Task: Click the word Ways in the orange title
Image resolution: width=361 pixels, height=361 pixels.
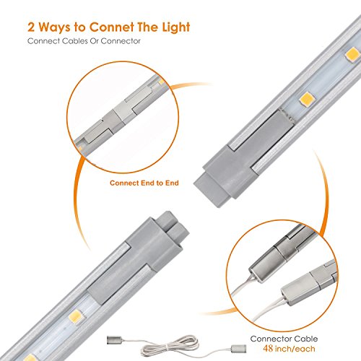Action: [x=55, y=27]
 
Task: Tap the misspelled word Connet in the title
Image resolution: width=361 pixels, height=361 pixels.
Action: [x=111, y=27]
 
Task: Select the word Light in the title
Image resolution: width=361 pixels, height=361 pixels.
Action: [x=176, y=27]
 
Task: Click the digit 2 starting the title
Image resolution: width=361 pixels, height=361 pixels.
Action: [x=31, y=27]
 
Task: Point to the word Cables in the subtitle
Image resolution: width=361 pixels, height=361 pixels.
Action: [x=74, y=41]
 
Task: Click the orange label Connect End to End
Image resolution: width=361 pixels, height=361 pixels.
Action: [x=144, y=183]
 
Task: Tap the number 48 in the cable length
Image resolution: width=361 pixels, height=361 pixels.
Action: [x=268, y=348]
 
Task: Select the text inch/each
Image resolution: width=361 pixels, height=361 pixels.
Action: [x=295, y=349]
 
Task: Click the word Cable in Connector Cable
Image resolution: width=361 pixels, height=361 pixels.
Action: [x=306, y=339]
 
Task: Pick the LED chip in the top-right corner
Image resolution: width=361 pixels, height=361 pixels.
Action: [x=352, y=55]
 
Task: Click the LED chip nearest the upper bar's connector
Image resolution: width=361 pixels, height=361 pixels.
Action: [x=307, y=99]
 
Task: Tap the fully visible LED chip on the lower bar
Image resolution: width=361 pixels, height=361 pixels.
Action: [x=76, y=316]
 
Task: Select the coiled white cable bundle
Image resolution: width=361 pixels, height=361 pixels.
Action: [x=170, y=346]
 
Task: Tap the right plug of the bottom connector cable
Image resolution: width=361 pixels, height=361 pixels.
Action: [x=239, y=348]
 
